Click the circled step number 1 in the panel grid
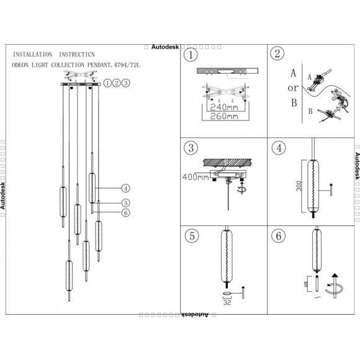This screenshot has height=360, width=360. coord(191,56)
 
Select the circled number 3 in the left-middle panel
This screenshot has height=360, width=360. coord(191,148)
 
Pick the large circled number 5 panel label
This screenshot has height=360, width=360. coord(191,236)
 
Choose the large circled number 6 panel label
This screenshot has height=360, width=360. coord(277,236)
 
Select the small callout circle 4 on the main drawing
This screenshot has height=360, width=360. coord(125,188)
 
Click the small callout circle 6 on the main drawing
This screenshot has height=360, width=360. coord(125,213)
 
